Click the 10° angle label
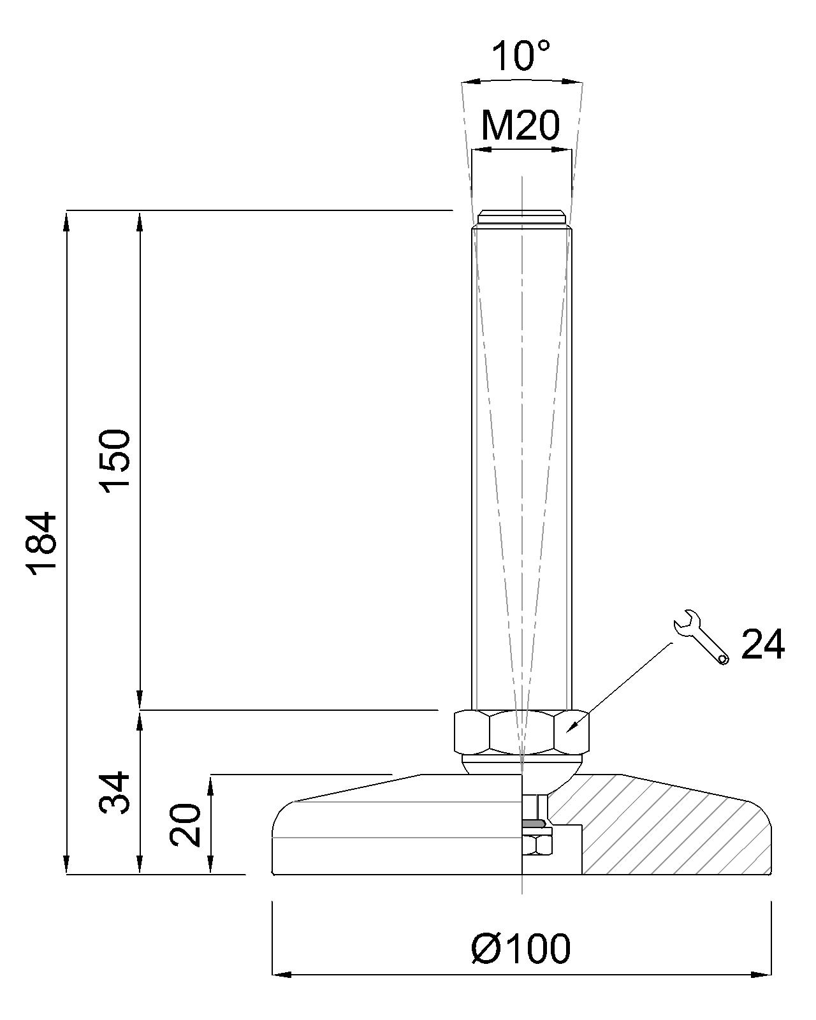521,55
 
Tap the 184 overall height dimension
43,544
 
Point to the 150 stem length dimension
115,462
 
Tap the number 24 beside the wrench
762,644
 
